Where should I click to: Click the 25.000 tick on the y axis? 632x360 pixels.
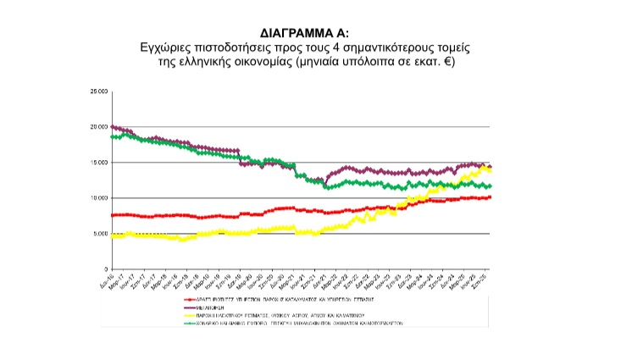coord(98,91)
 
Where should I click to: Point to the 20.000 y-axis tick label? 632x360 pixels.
coord(98,127)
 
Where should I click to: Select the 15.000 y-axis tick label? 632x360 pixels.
coord(98,163)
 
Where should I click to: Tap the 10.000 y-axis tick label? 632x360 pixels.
coord(98,198)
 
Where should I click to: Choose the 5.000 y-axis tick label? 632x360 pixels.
coord(100,234)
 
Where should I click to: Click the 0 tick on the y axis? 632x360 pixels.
coord(105,269)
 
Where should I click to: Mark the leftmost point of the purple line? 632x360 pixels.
coord(113,127)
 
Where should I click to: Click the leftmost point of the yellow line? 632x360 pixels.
coord(113,236)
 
